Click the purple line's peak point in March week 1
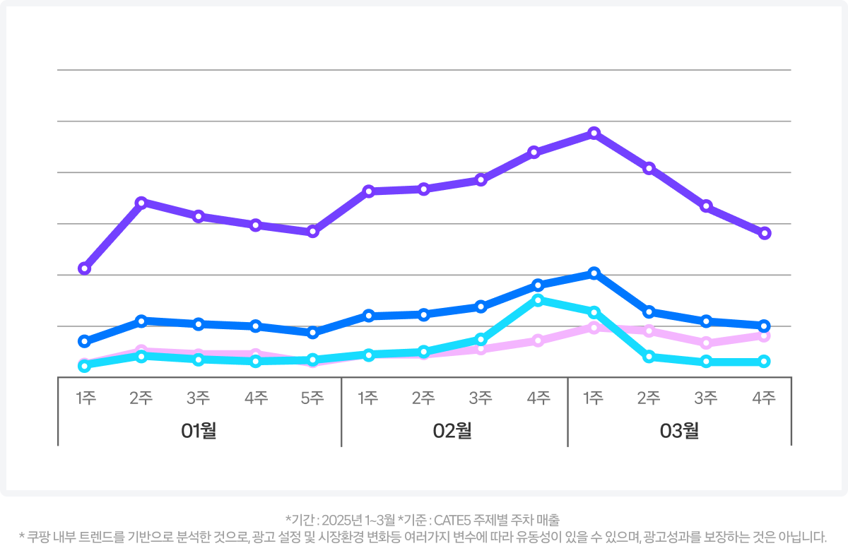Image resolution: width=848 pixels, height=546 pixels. [594, 133]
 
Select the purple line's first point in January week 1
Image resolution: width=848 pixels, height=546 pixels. [84, 268]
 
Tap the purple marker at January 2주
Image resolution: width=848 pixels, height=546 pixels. [141, 203]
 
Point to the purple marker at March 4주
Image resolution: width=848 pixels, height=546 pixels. [764, 233]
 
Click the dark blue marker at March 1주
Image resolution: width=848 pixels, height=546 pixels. [594, 273]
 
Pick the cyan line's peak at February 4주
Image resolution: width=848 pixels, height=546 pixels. [538, 300]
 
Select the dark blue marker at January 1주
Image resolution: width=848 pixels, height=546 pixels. [84, 341]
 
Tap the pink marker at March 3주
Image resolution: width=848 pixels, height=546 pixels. [706, 343]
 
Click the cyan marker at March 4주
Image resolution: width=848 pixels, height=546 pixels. [764, 362]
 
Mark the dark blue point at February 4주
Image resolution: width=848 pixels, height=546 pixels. [538, 285]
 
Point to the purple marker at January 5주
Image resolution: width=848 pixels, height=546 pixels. [313, 232]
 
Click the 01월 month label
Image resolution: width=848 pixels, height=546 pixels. [199, 430]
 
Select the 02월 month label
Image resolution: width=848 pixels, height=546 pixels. [452, 430]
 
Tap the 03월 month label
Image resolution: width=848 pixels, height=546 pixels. [679, 430]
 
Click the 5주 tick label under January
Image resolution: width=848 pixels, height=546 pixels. [312, 398]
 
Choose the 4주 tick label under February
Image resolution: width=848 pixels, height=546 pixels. [538, 398]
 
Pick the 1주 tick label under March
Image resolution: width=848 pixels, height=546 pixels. [594, 398]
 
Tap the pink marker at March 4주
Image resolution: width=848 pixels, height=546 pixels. [764, 336]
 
